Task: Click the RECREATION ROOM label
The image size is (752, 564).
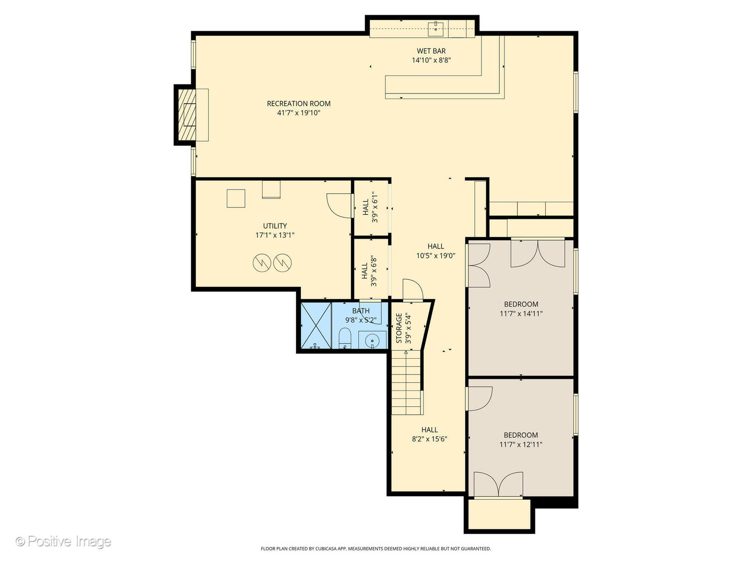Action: [x=298, y=103]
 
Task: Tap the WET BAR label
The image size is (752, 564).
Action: [x=431, y=51]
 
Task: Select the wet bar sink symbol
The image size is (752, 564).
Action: [x=436, y=29]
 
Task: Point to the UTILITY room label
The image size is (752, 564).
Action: [x=275, y=226]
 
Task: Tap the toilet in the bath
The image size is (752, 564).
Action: [x=345, y=338]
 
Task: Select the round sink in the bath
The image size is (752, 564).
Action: [x=372, y=341]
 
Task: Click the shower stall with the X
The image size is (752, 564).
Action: [x=316, y=325]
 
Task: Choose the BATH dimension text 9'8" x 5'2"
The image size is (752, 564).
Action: [x=361, y=320]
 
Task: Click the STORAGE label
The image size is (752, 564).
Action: [x=399, y=328]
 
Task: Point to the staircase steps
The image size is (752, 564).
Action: [x=406, y=382]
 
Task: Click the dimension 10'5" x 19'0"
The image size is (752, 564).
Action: [x=436, y=255]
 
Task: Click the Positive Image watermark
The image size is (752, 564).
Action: [x=63, y=542]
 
